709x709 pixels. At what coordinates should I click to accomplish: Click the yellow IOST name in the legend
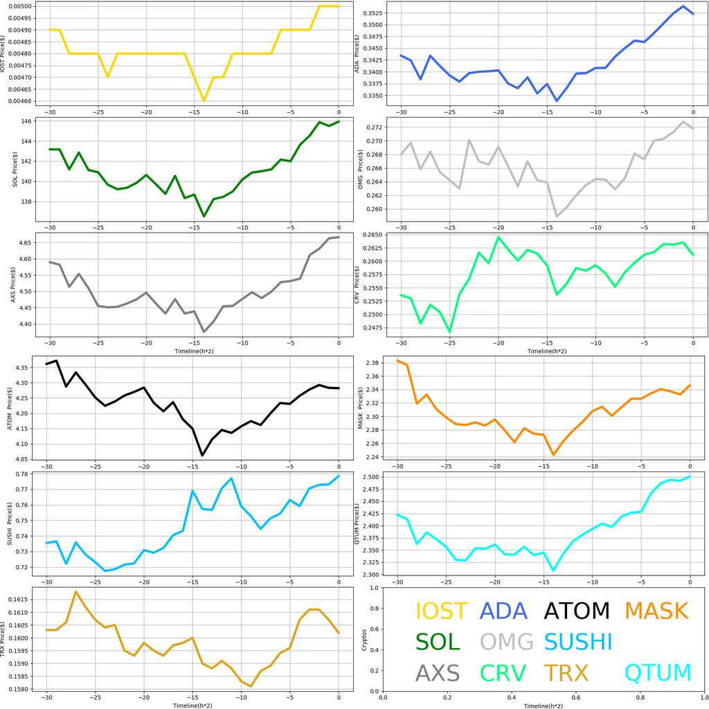click(x=441, y=611)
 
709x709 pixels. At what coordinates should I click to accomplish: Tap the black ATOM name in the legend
click(x=577, y=611)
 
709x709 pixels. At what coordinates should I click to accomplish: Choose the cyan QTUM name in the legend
click(x=657, y=672)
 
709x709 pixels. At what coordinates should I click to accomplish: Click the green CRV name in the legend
click(x=503, y=672)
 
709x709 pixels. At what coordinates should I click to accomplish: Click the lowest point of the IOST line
click(x=204, y=100)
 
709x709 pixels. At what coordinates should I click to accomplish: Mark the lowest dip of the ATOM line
click(x=202, y=455)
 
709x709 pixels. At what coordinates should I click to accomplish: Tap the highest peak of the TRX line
click(x=75, y=592)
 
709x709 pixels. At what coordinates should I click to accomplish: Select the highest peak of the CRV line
click(x=499, y=237)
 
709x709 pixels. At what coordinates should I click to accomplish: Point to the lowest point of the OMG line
click(x=557, y=217)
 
